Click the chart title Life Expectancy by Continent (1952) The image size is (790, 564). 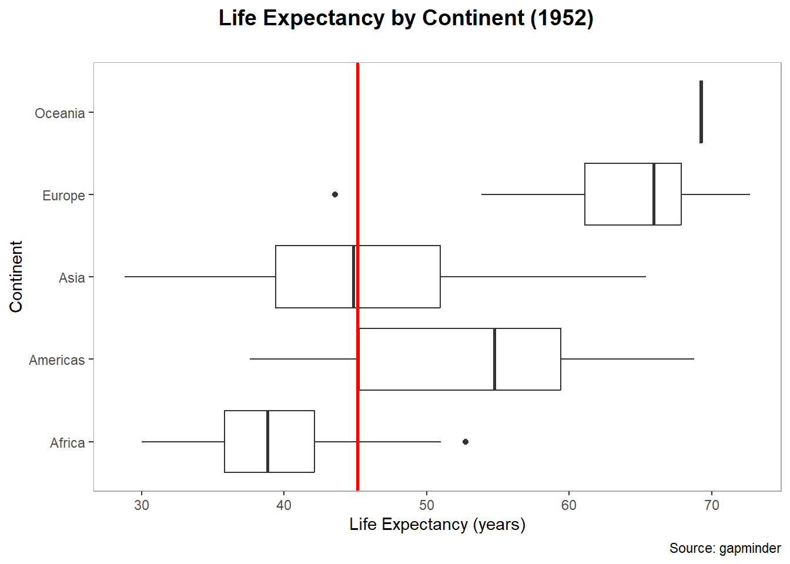pos(406,18)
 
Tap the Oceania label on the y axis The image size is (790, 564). pos(59,113)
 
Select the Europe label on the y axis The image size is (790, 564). pos(63,196)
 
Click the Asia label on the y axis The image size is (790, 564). pos(72,278)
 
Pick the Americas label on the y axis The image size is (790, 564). pos(56,360)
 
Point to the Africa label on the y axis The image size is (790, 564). pos(67,443)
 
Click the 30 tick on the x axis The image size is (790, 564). pos(142,505)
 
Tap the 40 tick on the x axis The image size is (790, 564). pos(284,505)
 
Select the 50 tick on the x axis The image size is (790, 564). pos(427,505)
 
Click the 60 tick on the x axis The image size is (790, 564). pos(569,505)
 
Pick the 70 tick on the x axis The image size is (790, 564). pos(711,505)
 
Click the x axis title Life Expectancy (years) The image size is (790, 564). pos(437,524)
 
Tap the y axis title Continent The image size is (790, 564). pos(16,276)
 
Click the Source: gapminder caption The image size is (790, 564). pos(725,548)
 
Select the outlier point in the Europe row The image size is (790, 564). pos(335,194)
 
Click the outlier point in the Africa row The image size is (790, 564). pos(466,442)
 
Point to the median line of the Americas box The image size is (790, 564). pos(495,359)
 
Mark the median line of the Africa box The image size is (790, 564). pos(268,441)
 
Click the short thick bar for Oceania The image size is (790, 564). pos(701,112)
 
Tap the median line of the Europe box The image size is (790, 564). pos(654,194)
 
